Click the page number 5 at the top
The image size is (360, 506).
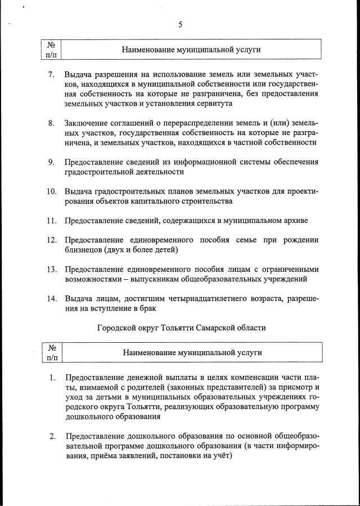point(180,24)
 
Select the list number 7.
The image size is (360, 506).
point(51,75)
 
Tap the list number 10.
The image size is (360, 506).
point(51,191)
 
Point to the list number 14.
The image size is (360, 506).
point(51,298)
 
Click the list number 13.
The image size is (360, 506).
point(51,269)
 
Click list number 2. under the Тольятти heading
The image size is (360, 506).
point(52,436)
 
